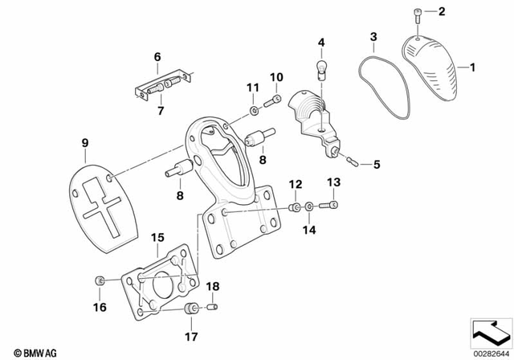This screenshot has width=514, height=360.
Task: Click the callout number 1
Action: click(471, 67)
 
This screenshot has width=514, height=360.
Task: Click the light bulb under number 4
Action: click(321, 66)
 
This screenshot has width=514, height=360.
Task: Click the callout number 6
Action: click(157, 56)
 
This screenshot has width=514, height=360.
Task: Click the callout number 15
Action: click(157, 237)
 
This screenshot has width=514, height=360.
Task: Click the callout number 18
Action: click(213, 286)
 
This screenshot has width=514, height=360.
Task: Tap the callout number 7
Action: click(159, 110)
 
